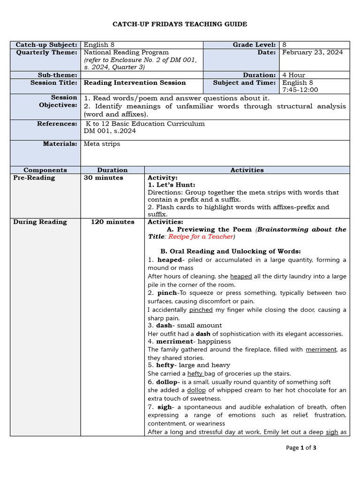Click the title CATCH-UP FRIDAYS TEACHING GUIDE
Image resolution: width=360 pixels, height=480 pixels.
coord(180,24)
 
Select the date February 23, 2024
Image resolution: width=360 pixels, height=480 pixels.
coord(312,52)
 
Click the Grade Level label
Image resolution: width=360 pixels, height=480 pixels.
coord(254,45)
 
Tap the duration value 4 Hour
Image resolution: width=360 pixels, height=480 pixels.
coord(294,75)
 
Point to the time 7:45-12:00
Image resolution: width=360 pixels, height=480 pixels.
coord(300,90)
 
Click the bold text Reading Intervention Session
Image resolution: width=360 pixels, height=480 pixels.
coord(135,82)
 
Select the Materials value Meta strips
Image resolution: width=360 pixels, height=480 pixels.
coord(102,144)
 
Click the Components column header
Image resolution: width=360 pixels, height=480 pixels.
coord(45,170)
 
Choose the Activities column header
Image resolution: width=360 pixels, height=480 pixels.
coord(247,170)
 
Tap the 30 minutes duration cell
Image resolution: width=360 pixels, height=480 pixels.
coord(103,178)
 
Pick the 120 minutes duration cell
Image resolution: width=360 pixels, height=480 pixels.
coord(112,222)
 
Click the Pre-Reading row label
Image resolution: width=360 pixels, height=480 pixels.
coord(34,178)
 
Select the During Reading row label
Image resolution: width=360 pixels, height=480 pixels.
coord(40,222)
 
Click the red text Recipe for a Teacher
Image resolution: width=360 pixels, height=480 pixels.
coord(201,237)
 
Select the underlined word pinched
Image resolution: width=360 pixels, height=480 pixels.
coord(201,310)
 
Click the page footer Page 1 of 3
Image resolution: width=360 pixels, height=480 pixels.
coord(301,448)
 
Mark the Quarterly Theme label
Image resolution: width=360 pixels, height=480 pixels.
coord(46,52)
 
